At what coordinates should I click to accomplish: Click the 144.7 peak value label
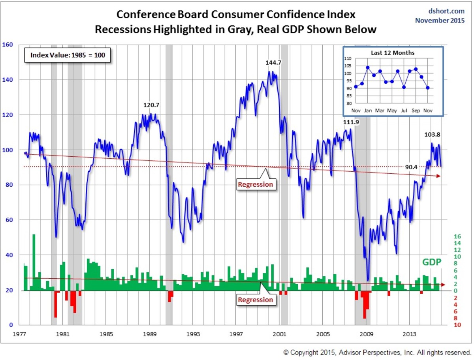(x=273, y=62)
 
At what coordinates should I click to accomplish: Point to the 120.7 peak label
(x=151, y=105)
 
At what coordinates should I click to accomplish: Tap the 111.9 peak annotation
(x=351, y=122)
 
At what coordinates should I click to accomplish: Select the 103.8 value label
(x=432, y=134)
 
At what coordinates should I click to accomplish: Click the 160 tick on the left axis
(x=8, y=45)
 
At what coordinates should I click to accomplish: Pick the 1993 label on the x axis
(x=192, y=334)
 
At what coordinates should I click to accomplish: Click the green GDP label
(x=432, y=262)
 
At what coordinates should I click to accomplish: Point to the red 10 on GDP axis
(x=457, y=325)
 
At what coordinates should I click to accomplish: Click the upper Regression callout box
(x=255, y=184)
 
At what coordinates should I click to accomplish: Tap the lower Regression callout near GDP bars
(x=255, y=300)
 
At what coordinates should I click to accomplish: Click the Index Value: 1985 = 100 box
(x=68, y=55)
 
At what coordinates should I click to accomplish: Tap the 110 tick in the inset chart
(x=348, y=58)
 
